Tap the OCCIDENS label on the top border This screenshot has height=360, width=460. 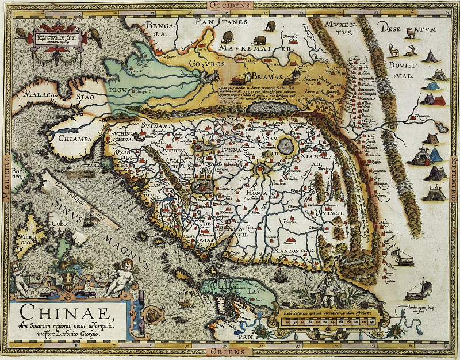click(230, 4)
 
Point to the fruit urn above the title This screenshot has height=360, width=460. click(71, 275)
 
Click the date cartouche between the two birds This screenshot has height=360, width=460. click(56, 40)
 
